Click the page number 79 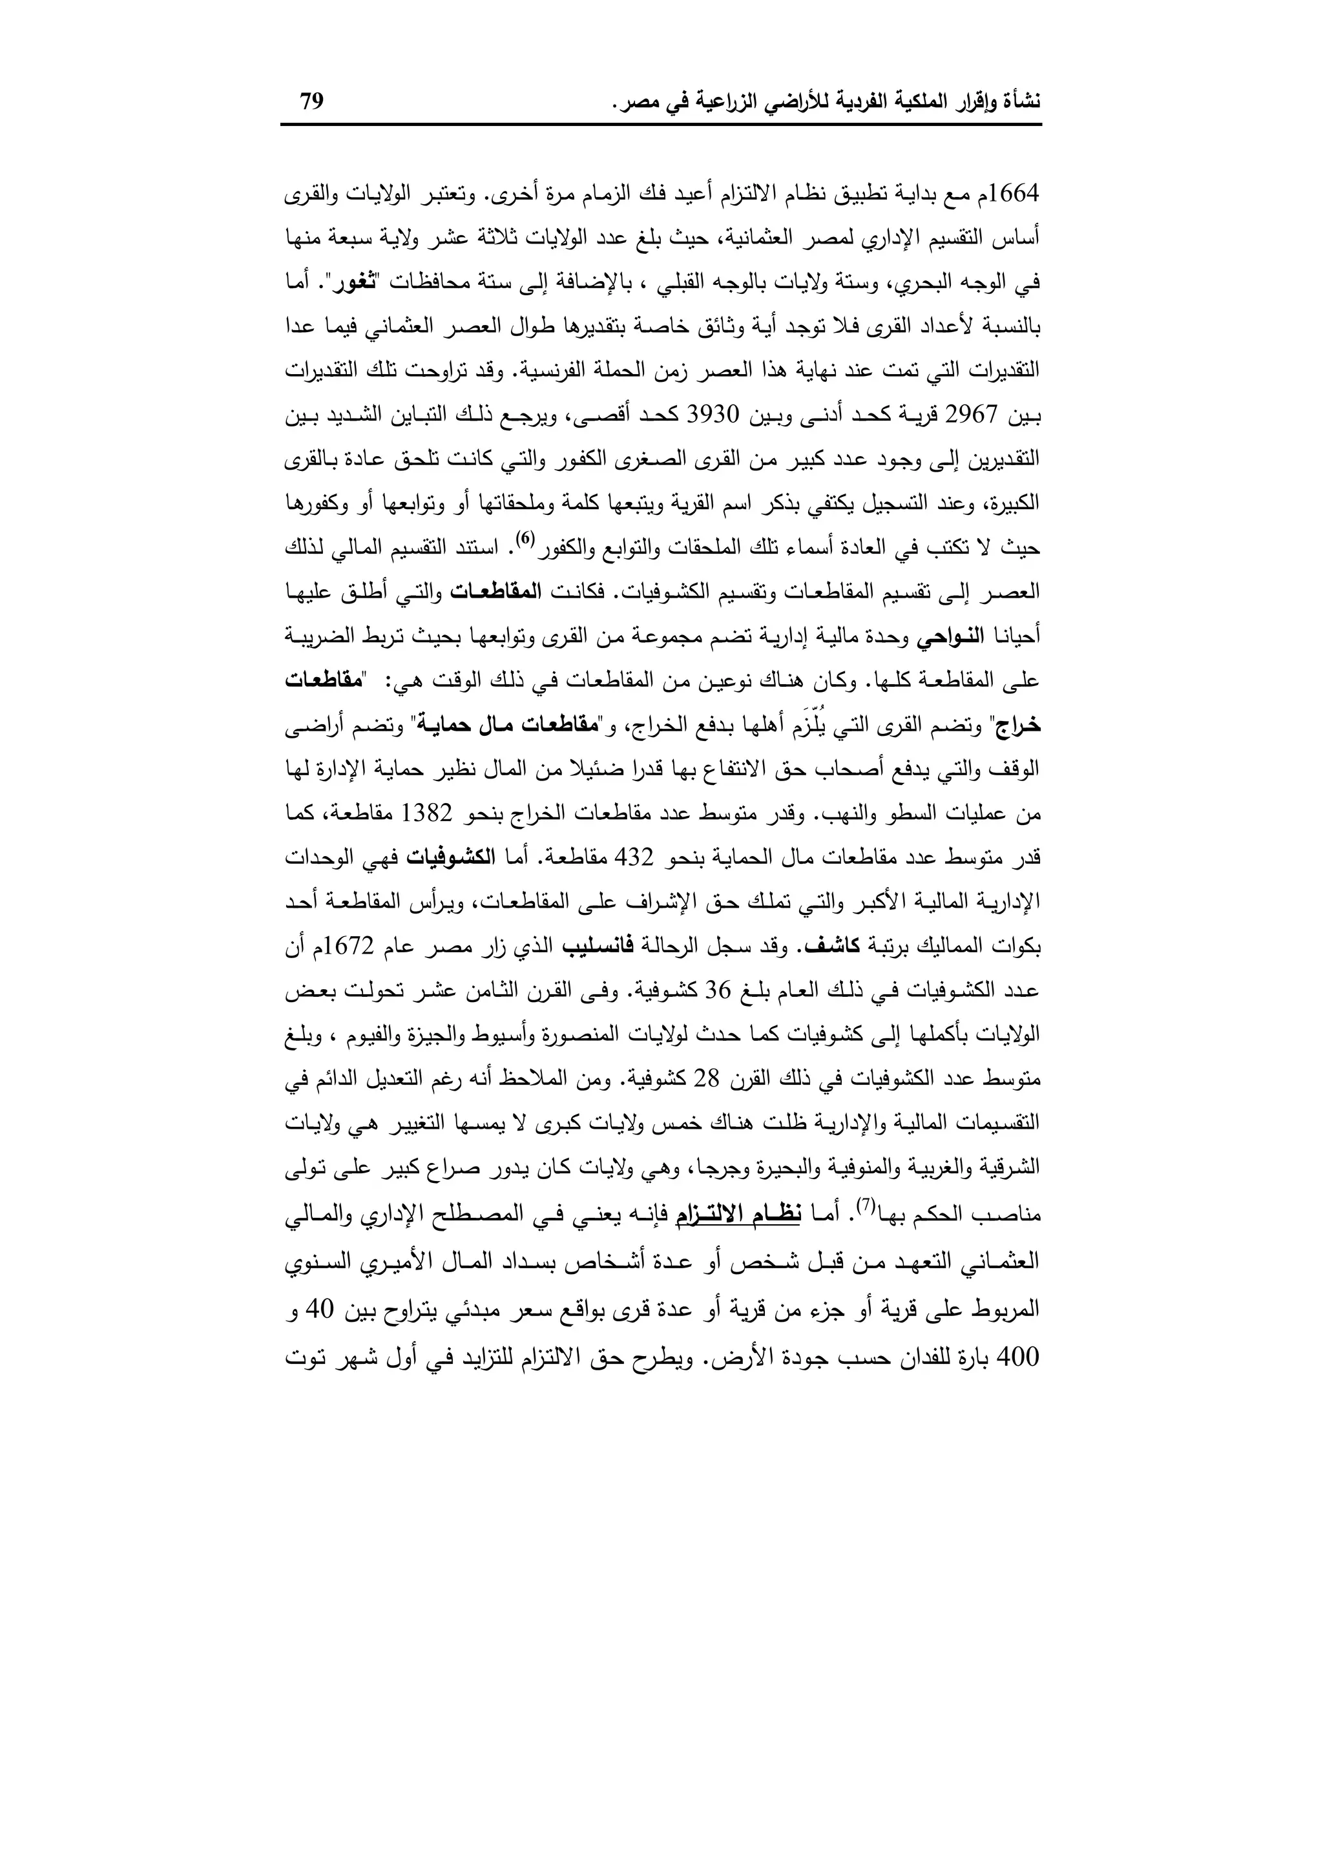point(312,102)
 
